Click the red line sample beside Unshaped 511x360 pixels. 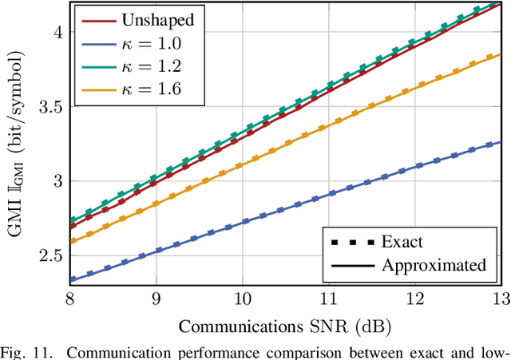coord(97,18)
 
